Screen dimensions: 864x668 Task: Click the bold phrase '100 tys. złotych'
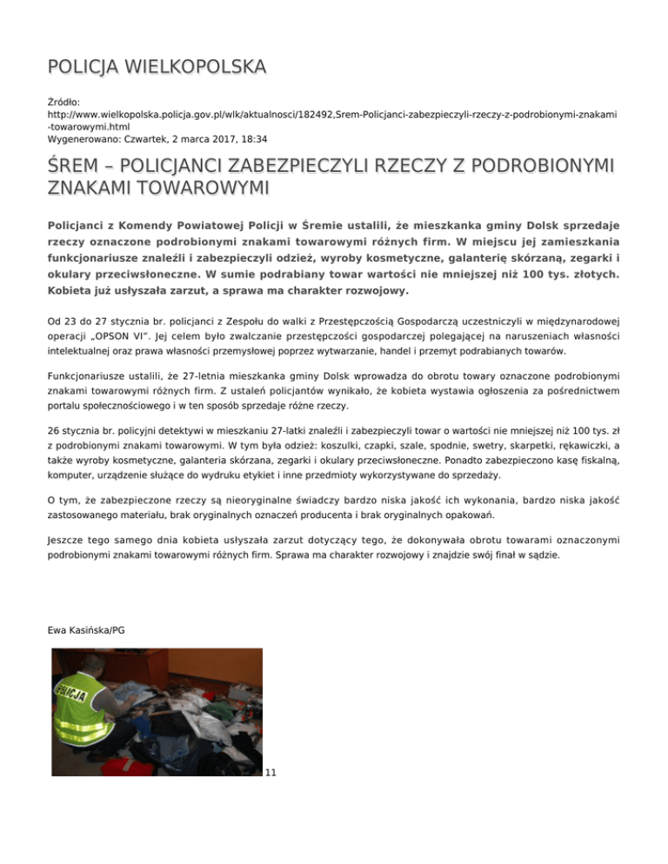click(562, 273)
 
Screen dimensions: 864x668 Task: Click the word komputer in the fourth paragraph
click(74, 475)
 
